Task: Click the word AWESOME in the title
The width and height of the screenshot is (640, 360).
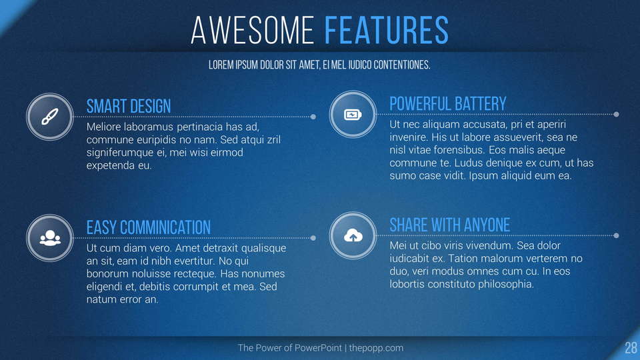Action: point(252,30)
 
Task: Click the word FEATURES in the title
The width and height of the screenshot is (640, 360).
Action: point(386,30)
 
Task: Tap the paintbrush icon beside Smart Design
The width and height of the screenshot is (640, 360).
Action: point(50,117)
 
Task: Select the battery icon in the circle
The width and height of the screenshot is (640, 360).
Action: point(353,115)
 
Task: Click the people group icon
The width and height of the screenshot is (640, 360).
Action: point(50,238)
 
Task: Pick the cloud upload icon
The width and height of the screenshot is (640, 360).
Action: point(353,235)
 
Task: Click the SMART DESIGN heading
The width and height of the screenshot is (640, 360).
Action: point(129,107)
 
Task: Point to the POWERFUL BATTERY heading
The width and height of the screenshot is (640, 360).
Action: point(448,104)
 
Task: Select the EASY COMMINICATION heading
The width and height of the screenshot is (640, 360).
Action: point(149,227)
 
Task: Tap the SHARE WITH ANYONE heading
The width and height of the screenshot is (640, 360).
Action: point(450,225)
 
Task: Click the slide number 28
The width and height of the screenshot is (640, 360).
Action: point(631,348)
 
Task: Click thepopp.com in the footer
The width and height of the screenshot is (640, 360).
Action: point(376,348)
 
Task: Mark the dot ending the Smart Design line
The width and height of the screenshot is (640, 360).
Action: point(313,117)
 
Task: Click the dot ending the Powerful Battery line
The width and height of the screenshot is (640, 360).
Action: point(616,114)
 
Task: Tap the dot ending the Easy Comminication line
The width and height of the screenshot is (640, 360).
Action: point(313,238)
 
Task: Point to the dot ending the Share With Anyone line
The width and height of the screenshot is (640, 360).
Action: point(616,235)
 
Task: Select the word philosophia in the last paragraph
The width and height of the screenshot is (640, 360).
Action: point(506,284)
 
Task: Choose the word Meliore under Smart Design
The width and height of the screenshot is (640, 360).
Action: point(104,127)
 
